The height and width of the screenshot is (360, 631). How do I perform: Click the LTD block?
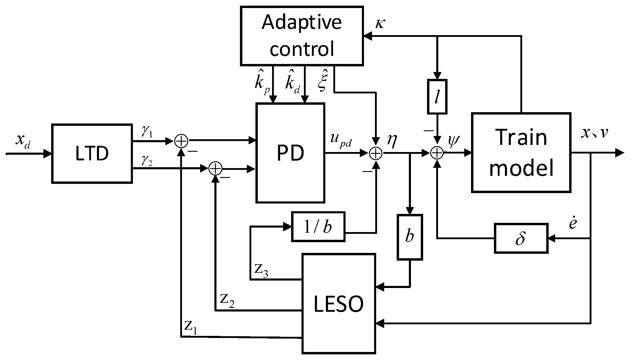click(x=92, y=154)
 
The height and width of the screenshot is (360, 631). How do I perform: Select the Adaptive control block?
click(x=302, y=36)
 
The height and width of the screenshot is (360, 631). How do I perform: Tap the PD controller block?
click(x=290, y=153)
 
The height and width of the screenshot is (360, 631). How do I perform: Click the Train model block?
click(x=521, y=152)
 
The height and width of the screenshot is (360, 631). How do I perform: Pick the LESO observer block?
click(x=339, y=303)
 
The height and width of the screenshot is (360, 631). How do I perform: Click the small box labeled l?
click(x=437, y=97)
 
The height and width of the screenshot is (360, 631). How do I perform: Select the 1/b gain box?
click(x=318, y=226)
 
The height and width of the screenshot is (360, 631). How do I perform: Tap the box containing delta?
click(x=521, y=239)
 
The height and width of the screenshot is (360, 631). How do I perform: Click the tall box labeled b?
click(x=410, y=237)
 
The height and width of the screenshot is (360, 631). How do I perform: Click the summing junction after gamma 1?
click(x=181, y=141)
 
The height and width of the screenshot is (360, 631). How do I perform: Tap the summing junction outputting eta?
click(x=376, y=153)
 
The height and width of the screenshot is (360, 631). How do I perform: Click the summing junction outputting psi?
click(x=437, y=153)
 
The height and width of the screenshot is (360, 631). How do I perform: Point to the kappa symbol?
click(x=380, y=24)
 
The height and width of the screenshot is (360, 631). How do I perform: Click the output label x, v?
click(x=594, y=133)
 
